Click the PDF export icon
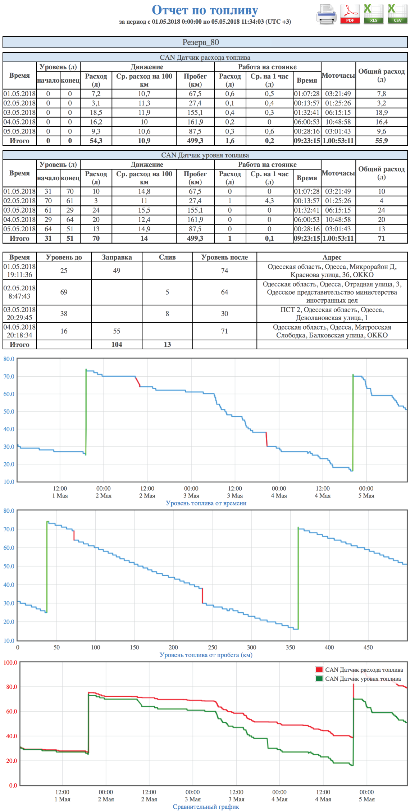[350, 14]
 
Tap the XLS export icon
[373, 14]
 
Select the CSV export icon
[397, 14]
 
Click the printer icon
[326, 15]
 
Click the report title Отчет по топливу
[205, 10]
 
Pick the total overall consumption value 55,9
[381, 141]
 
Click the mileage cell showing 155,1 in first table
[195, 113]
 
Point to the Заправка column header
[117, 257]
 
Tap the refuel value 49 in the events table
[117, 271]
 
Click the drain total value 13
[167, 344]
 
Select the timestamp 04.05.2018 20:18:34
[19, 331]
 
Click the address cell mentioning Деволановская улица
[332, 314]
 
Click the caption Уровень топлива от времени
[206, 503]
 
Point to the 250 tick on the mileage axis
[213, 647]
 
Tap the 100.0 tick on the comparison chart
[10, 662]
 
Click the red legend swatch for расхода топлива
[319, 670]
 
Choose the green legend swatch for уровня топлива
[319, 679]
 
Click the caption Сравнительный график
[206, 807]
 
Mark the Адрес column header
[332, 257]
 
